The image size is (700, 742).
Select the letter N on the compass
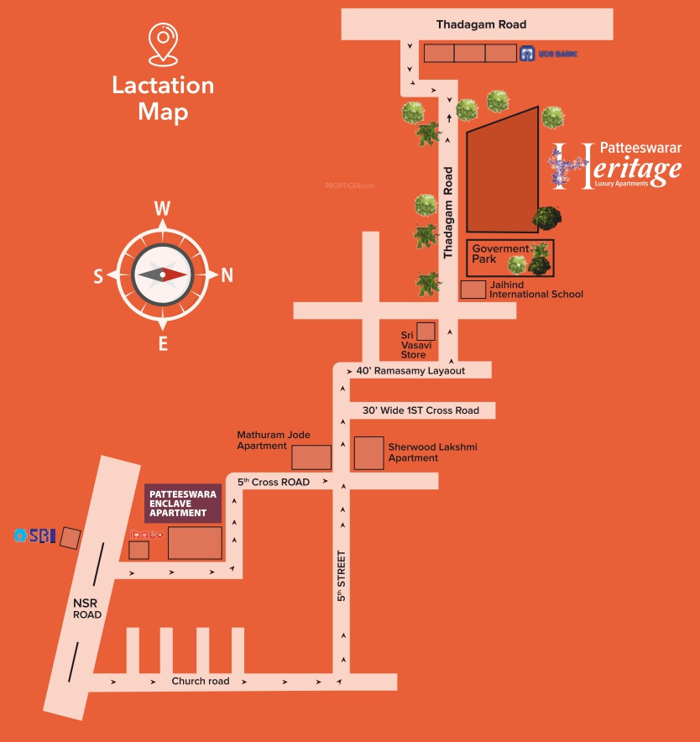tap(227, 274)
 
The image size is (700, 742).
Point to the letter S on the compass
tap(98, 275)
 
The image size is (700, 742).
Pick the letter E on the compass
tap(163, 342)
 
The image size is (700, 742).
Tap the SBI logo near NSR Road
tap(34, 536)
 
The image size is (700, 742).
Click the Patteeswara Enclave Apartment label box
tap(183, 503)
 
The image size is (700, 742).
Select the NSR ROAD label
tap(86, 609)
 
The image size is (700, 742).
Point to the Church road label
tap(200, 681)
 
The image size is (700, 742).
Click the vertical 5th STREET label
tap(342, 575)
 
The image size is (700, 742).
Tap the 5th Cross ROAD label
tap(274, 482)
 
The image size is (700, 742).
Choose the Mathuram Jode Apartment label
tap(274, 440)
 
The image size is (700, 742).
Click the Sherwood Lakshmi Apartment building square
tap(368, 453)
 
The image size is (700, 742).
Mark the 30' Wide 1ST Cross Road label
tap(421, 410)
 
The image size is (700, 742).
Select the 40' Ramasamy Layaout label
tap(410, 370)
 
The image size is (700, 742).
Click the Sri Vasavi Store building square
tap(426, 331)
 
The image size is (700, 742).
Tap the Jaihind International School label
tap(535, 289)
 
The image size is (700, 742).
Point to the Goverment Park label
tap(500, 253)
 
